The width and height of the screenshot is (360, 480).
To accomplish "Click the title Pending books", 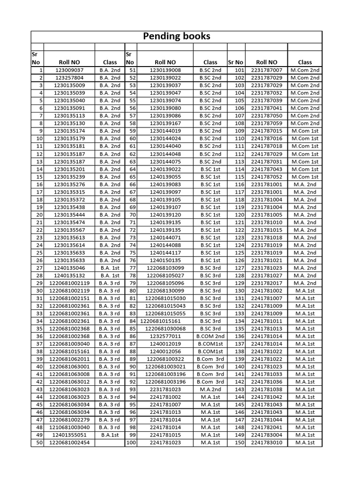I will pos(176,37).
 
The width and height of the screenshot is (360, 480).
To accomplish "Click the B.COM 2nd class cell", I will pos(210,336).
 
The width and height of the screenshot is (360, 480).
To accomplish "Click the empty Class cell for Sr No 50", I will pos(110,442).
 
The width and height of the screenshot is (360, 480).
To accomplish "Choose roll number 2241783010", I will pos(267,442).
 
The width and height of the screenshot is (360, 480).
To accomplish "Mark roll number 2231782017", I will pos(267,283).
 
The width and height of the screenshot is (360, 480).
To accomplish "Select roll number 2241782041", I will pos(267,427).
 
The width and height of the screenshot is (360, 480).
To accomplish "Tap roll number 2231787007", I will pos(267,70).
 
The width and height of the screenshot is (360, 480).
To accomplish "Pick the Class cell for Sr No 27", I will pos(110,268).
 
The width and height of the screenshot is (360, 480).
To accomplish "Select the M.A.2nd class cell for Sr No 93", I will pos(210,389).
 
